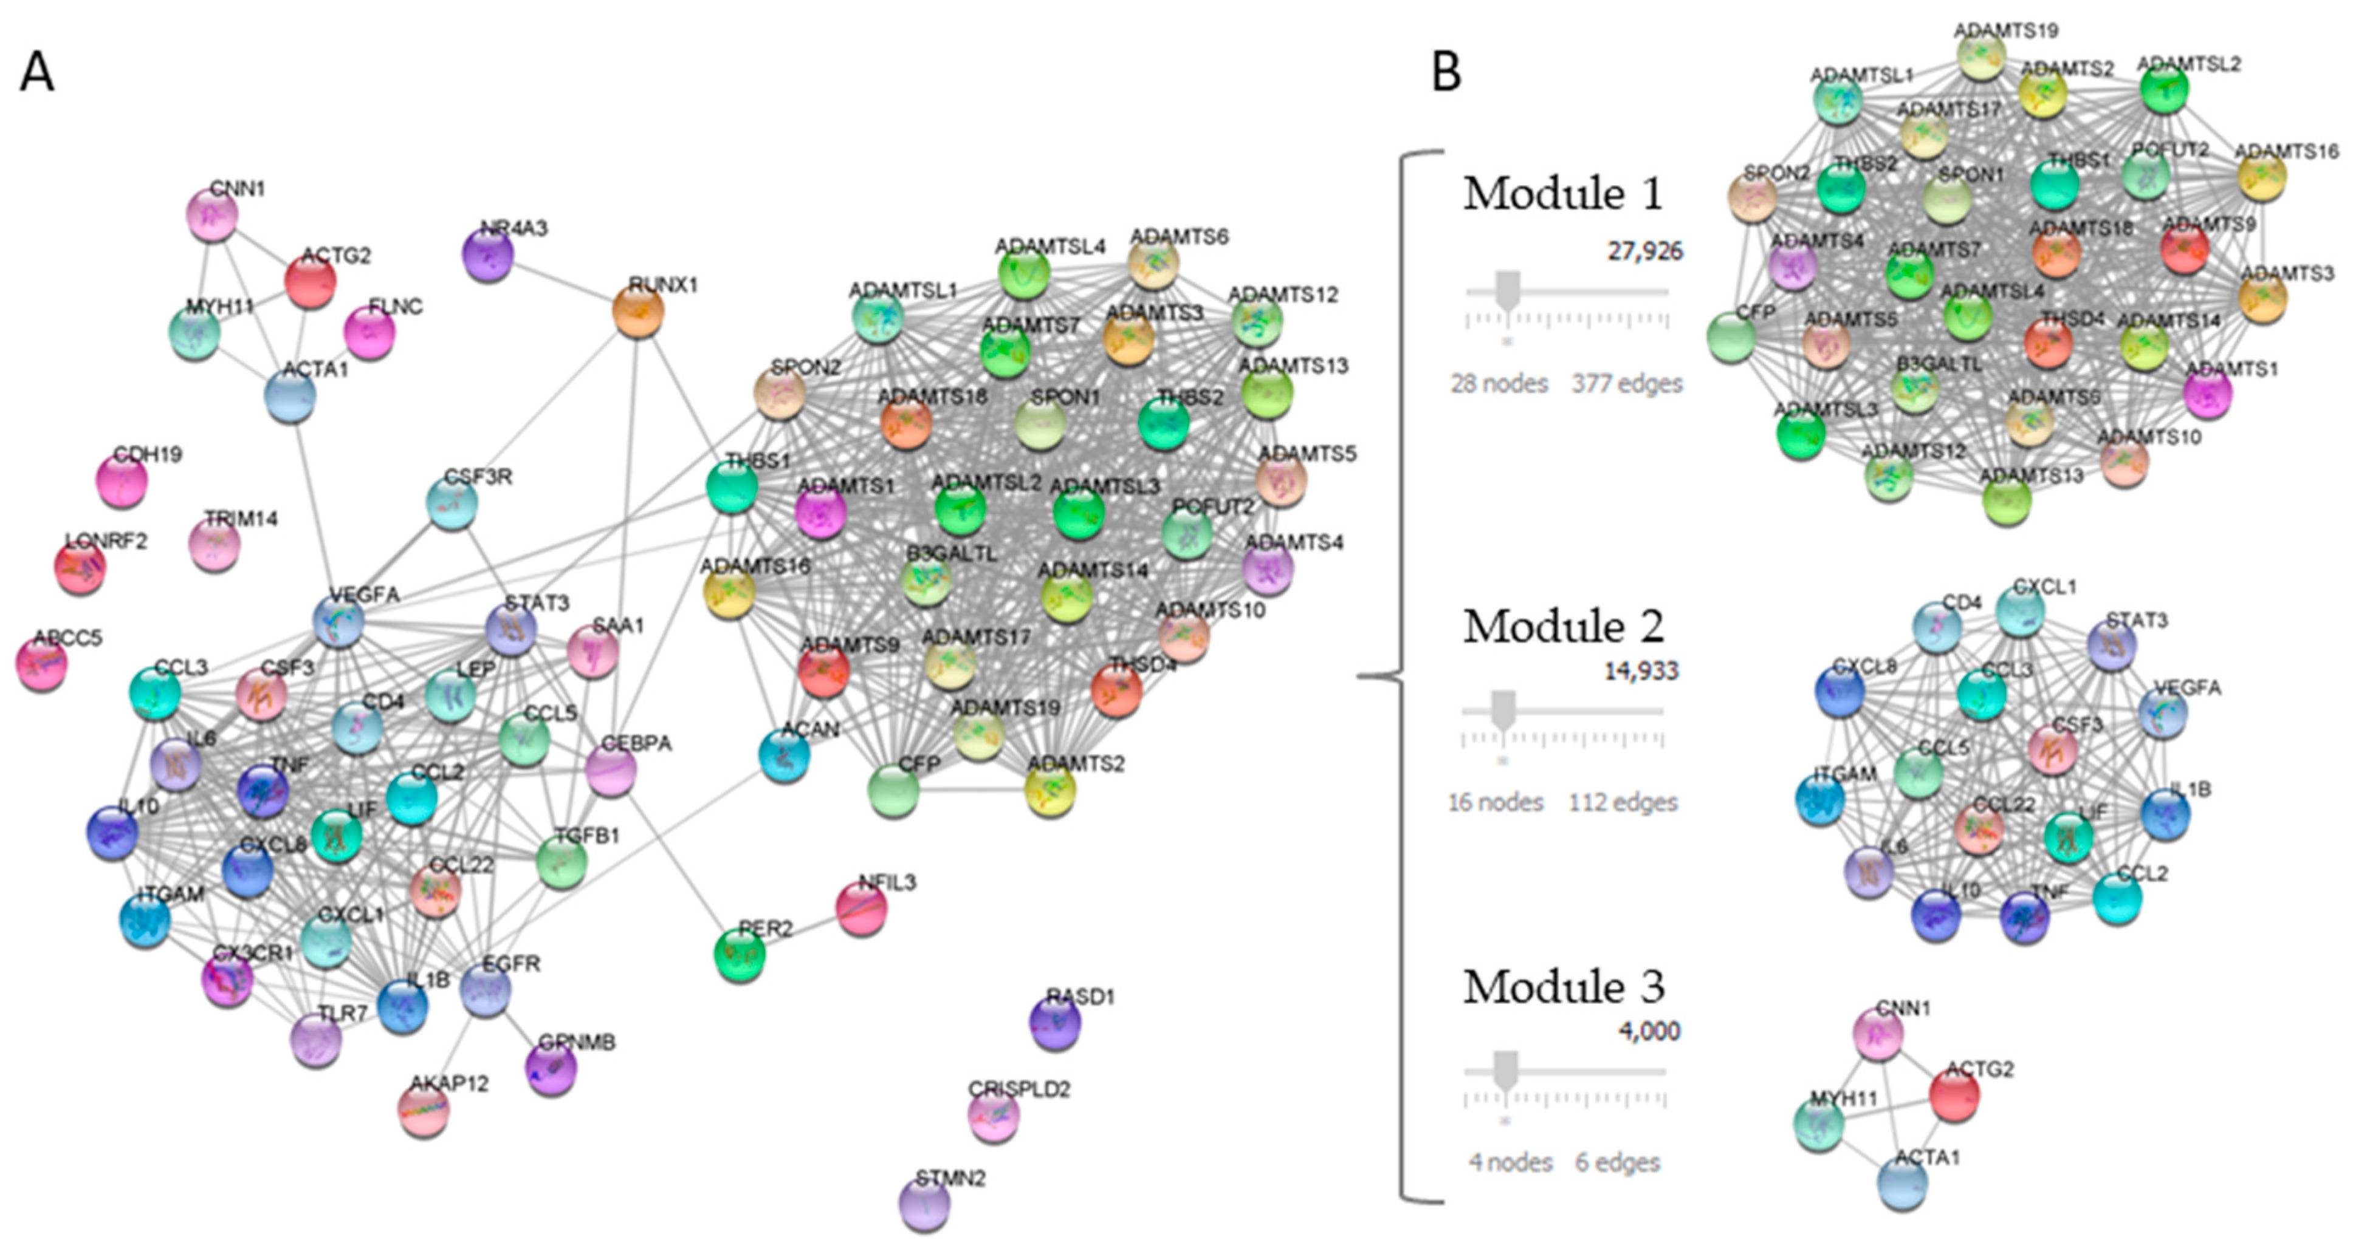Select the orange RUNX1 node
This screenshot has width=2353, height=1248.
[x=637, y=312]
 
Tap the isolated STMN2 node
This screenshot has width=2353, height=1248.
[x=924, y=1204]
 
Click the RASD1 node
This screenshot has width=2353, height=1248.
[x=1055, y=1023]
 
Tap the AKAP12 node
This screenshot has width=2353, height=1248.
[x=424, y=1109]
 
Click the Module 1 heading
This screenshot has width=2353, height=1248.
[x=1563, y=194]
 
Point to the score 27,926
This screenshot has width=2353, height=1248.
[x=1645, y=251]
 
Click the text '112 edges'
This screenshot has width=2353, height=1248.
[x=1623, y=802]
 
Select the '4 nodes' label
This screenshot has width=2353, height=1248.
[x=1511, y=1162]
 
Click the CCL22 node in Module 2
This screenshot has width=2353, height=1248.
[x=1979, y=830]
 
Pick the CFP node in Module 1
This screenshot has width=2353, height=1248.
[x=1731, y=337]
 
